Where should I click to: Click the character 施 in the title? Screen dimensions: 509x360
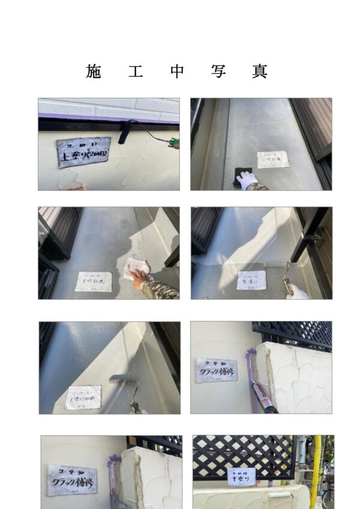pyautogui.click(x=94, y=71)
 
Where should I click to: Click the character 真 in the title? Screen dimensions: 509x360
pyautogui.click(x=259, y=71)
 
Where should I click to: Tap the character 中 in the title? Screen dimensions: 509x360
pyautogui.click(x=176, y=71)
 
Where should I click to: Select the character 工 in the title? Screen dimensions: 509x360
pyautogui.click(x=135, y=71)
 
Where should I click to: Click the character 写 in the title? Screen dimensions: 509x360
pyautogui.click(x=218, y=71)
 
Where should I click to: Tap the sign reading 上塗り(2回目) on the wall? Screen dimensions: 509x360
pyautogui.click(x=83, y=152)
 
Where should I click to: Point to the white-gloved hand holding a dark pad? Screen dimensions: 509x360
pyautogui.click(x=247, y=179)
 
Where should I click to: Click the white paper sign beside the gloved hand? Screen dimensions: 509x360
pyautogui.click(x=273, y=159)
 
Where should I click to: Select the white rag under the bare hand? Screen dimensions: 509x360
pyautogui.click(x=136, y=268)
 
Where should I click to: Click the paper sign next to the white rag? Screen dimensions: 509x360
pyautogui.click(x=94, y=282)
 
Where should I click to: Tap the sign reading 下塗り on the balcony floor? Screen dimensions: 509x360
pyautogui.click(x=251, y=280)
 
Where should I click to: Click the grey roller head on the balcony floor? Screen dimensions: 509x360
pyautogui.click(x=122, y=380)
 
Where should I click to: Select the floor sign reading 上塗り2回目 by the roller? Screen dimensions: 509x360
pyautogui.click(x=83, y=397)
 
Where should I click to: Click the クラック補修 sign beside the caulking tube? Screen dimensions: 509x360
pyautogui.click(x=216, y=370)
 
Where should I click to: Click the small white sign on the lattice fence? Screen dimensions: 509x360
pyautogui.click(x=242, y=477)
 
